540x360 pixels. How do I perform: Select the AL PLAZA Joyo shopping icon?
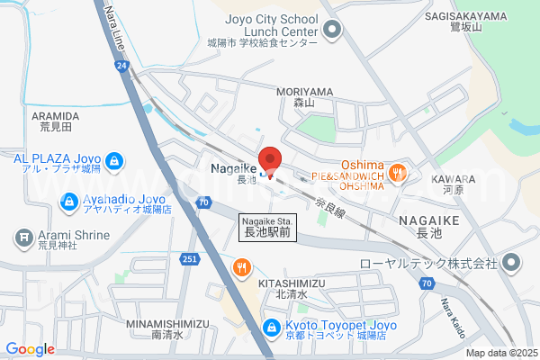pos(113,162)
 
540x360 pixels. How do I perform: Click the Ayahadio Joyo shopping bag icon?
pos(69,202)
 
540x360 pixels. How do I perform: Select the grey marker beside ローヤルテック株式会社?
pos(512,264)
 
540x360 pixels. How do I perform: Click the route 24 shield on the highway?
pos(122,66)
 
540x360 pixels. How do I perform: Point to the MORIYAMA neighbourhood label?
pos(304,93)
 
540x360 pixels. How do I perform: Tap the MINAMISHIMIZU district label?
pos(167,323)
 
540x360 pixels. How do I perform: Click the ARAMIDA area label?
pos(57,116)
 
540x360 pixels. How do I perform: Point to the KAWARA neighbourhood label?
pos(459,180)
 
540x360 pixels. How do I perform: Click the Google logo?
pos(30,349)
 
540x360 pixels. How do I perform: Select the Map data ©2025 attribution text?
pos(500,353)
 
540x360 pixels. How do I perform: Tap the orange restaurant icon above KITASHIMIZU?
pos(242,267)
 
